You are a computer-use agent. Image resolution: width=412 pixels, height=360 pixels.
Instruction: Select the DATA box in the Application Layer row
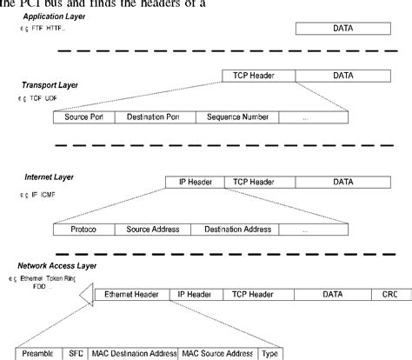coord(343,30)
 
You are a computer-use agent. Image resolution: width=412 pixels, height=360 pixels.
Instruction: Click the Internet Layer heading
coord(49,177)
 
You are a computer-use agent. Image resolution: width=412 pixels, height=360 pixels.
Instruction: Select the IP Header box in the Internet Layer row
coord(192,183)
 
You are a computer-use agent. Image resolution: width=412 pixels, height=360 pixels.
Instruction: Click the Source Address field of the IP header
coord(152,230)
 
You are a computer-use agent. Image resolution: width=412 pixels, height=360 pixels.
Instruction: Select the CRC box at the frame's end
coord(388,296)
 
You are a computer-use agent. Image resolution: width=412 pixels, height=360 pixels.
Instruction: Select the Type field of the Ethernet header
coord(270,354)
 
